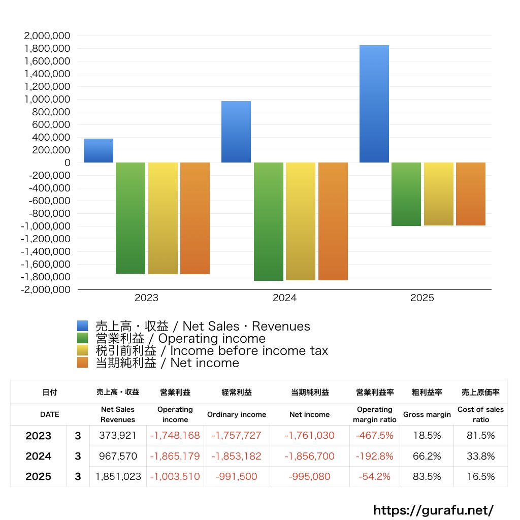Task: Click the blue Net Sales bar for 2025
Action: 374,104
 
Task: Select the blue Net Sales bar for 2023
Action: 99,151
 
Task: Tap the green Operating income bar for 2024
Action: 269,221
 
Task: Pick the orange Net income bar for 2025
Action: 471,194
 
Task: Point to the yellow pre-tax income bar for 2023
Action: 163,218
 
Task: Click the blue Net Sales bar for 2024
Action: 236,132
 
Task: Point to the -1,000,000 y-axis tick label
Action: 45,226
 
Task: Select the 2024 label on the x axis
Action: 284,298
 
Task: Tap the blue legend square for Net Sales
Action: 83,326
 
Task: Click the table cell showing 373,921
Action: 118,436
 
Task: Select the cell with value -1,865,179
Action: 175,456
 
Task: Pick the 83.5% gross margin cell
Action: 427,477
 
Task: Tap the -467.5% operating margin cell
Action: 375,436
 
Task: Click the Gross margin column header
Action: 427,414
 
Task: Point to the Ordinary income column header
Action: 237,414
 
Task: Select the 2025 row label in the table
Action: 39,477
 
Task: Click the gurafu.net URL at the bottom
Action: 433,510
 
